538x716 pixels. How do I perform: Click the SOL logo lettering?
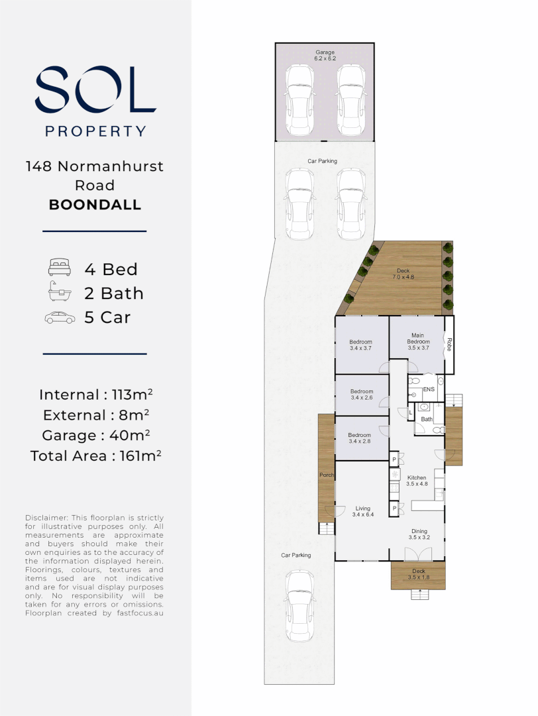(95, 89)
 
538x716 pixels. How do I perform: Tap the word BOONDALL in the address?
(95, 205)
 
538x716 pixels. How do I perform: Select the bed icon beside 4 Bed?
(60, 267)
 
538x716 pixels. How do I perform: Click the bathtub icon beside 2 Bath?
(60, 291)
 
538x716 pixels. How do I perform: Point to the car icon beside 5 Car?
(60, 318)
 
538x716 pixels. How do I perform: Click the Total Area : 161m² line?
(96, 455)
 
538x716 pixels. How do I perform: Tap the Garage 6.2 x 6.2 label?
(325, 55)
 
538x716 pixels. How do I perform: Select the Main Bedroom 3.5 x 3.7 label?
(418, 341)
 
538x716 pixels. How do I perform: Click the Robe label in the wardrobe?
(449, 344)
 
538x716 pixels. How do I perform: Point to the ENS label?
(429, 389)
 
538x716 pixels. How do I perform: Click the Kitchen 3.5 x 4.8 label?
(417, 481)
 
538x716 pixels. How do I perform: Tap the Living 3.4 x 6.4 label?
(363, 511)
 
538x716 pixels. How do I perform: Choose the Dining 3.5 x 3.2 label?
(419, 534)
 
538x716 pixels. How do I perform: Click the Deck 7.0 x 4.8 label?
(403, 274)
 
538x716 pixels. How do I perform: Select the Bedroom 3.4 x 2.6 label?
(361, 394)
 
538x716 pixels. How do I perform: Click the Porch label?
(326, 475)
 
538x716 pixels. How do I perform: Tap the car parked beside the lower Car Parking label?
(299, 606)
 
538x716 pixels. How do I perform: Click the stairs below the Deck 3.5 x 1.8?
(420, 595)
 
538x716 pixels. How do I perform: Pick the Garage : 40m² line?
(96, 435)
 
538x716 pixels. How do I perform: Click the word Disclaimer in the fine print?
(46, 518)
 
